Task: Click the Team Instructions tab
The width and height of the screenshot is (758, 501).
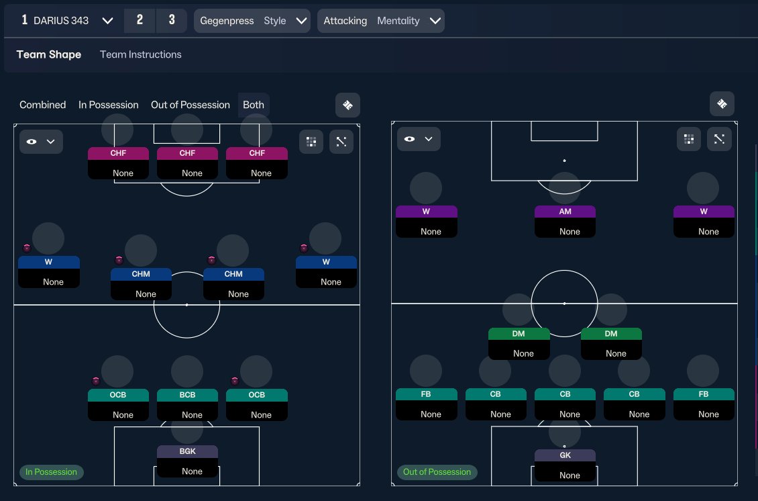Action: click(x=141, y=54)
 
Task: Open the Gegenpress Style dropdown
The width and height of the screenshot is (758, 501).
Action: click(x=252, y=21)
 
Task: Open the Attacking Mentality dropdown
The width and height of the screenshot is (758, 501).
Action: click(x=381, y=21)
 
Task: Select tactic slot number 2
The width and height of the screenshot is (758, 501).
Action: click(x=140, y=20)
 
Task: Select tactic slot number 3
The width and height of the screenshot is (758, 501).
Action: click(x=172, y=20)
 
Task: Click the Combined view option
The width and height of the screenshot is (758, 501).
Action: click(x=42, y=105)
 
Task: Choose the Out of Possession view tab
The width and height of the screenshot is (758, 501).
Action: click(x=191, y=105)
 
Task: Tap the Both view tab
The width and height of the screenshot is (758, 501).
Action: click(x=254, y=105)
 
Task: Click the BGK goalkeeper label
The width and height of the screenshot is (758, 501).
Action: click(x=188, y=451)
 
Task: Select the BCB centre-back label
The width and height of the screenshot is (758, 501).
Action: click(x=188, y=395)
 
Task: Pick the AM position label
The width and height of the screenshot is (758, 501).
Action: click(x=565, y=212)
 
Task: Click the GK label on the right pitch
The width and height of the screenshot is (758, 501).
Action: click(x=565, y=455)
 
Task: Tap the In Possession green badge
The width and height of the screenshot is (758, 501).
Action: click(x=51, y=472)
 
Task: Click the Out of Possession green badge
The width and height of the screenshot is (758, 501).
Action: click(x=437, y=472)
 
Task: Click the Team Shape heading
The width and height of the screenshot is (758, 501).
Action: click(x=49, y=54)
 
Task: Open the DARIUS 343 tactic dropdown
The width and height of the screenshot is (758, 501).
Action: click(x=67, y=20)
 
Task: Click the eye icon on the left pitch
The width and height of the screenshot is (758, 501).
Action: click(x=32, y=142)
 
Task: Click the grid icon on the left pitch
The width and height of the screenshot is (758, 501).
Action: click(x=311, y=142)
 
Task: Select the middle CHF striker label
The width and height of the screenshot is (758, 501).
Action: click(x=188, y=153)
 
